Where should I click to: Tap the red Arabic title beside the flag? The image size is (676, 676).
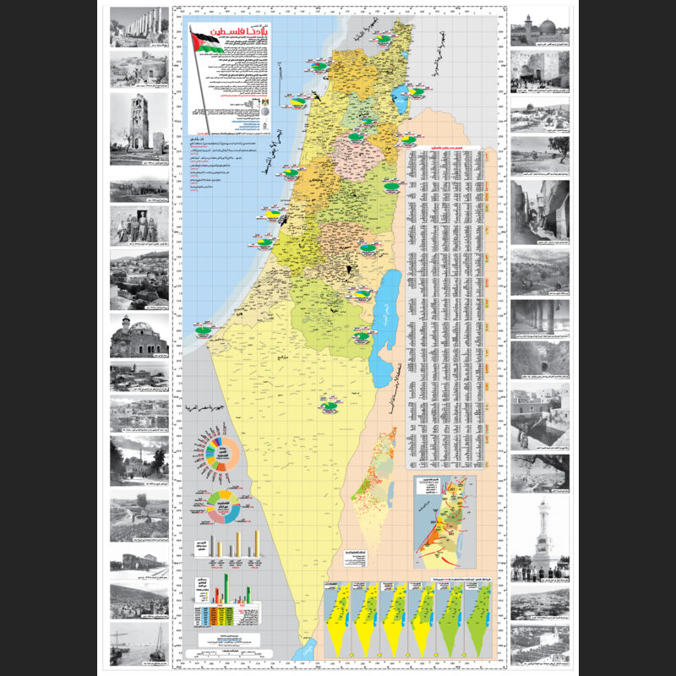pyautogui.click(x=238, y=37)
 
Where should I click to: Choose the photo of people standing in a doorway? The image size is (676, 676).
pyautogui.click(x=139, y=226)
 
